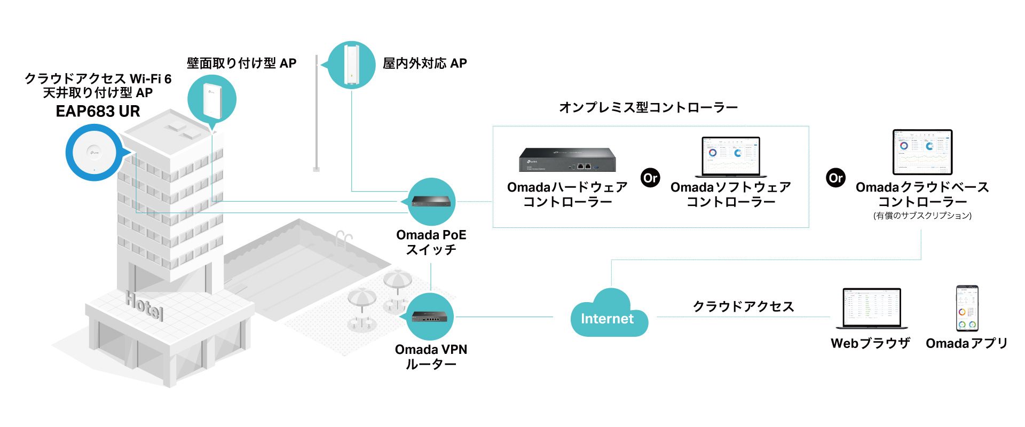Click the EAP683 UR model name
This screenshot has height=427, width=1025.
point(98,112)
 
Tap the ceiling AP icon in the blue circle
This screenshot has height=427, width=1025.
point(94,153)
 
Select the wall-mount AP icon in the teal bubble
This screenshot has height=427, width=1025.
point(212,99)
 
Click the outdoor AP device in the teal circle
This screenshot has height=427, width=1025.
point(351,65)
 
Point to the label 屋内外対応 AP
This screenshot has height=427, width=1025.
point(425,64)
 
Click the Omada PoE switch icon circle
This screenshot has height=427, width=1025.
point(431,201)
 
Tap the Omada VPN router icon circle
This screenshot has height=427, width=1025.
point(430,317)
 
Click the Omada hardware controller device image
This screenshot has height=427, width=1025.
point(567,160)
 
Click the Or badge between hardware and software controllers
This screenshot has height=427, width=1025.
point(650,178)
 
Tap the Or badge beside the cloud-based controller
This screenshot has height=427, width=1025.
point(835,178)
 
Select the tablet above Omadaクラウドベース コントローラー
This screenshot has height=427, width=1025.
point(922,152)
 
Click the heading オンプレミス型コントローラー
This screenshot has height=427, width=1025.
point(648,108)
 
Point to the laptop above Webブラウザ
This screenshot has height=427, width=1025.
point(871,309)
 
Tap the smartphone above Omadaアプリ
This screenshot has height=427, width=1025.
point(967,309)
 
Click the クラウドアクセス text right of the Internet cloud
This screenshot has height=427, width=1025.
point(743,306)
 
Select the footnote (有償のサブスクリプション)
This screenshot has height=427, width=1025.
point(922,216)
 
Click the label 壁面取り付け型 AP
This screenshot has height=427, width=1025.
point(241,64)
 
